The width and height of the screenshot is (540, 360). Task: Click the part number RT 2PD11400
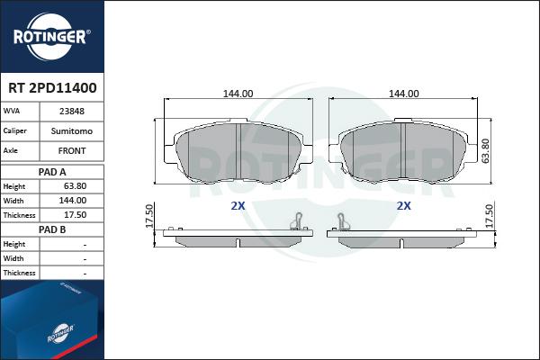pos(52,88)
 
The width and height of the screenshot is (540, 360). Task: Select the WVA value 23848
pos(72,112)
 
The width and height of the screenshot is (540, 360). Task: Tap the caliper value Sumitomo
pos(72,131)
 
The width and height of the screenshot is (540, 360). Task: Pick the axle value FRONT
pos(72,151)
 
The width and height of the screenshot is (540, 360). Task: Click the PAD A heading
pos(52,172)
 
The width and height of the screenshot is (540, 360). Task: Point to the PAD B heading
pos(52,229)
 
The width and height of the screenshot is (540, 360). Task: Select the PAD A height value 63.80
pos(75,186)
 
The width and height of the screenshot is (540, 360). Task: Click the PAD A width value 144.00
pos(73,201)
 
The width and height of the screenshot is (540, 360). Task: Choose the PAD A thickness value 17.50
pos(75,215)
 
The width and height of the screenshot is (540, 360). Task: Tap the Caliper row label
pos(14,130)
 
